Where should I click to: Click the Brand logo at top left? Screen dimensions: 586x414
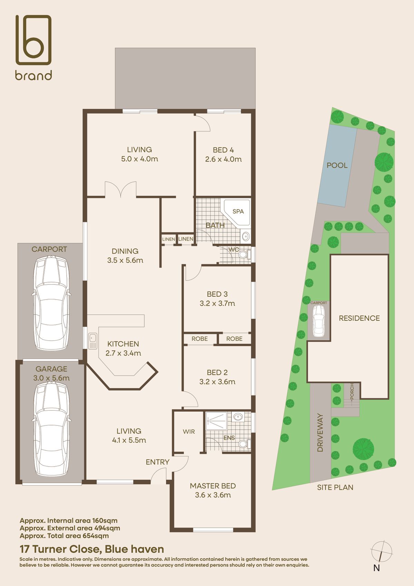pyautogui.click(x=33, y=47)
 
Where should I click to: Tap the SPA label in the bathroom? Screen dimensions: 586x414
pyautogui.click(x=238, y=211)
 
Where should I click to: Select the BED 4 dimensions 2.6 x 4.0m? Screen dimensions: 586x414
pyautogui.click(x=223, y=159)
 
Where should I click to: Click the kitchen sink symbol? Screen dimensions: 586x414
pyautogui.click(x=92, y=341)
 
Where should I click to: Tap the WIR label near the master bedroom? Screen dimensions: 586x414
pyautogui.click(x=189, y=432)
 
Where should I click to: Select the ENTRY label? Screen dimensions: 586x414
pyautogui.click(x=157, y=462)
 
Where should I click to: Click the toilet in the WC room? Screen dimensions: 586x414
pyautogui.click(x=244, y=255)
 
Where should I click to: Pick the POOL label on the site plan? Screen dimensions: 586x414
pyautogui.click(x=337, y=165)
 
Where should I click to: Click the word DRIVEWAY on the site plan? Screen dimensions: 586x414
pyautogui.click(x=320, y=433)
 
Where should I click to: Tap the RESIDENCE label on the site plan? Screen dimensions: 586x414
pyautogui.click(x=359, y=318)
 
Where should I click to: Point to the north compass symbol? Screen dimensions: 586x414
pyautogui.click(x=381, y=551)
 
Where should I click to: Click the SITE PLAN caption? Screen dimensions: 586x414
pyautogui.click(x=335, y=488)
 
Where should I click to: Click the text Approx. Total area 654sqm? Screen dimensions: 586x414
pyautogui.click(x=64, y=536)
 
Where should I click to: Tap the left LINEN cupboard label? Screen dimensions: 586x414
pyautogui.click(x=168, y=239)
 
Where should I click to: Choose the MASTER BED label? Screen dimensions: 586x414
pyautogui.click(x=213, y=486)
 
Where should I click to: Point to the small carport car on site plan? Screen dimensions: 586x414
pyautogui.click(x=318, y=321)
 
